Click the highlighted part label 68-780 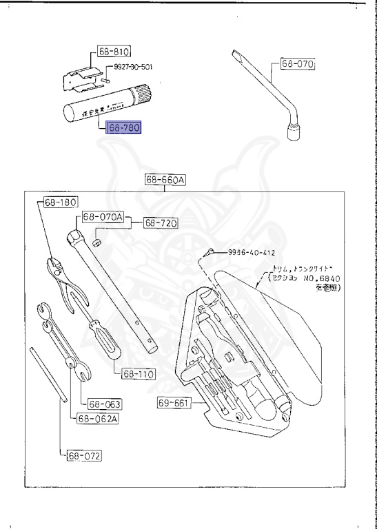(x=123, y=128)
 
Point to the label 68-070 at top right (x=297, y=65)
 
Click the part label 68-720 (x=161, y=223)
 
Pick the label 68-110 (x=139, y=375)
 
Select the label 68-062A (x=97, y=418)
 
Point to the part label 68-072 (x=84, y=455)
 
